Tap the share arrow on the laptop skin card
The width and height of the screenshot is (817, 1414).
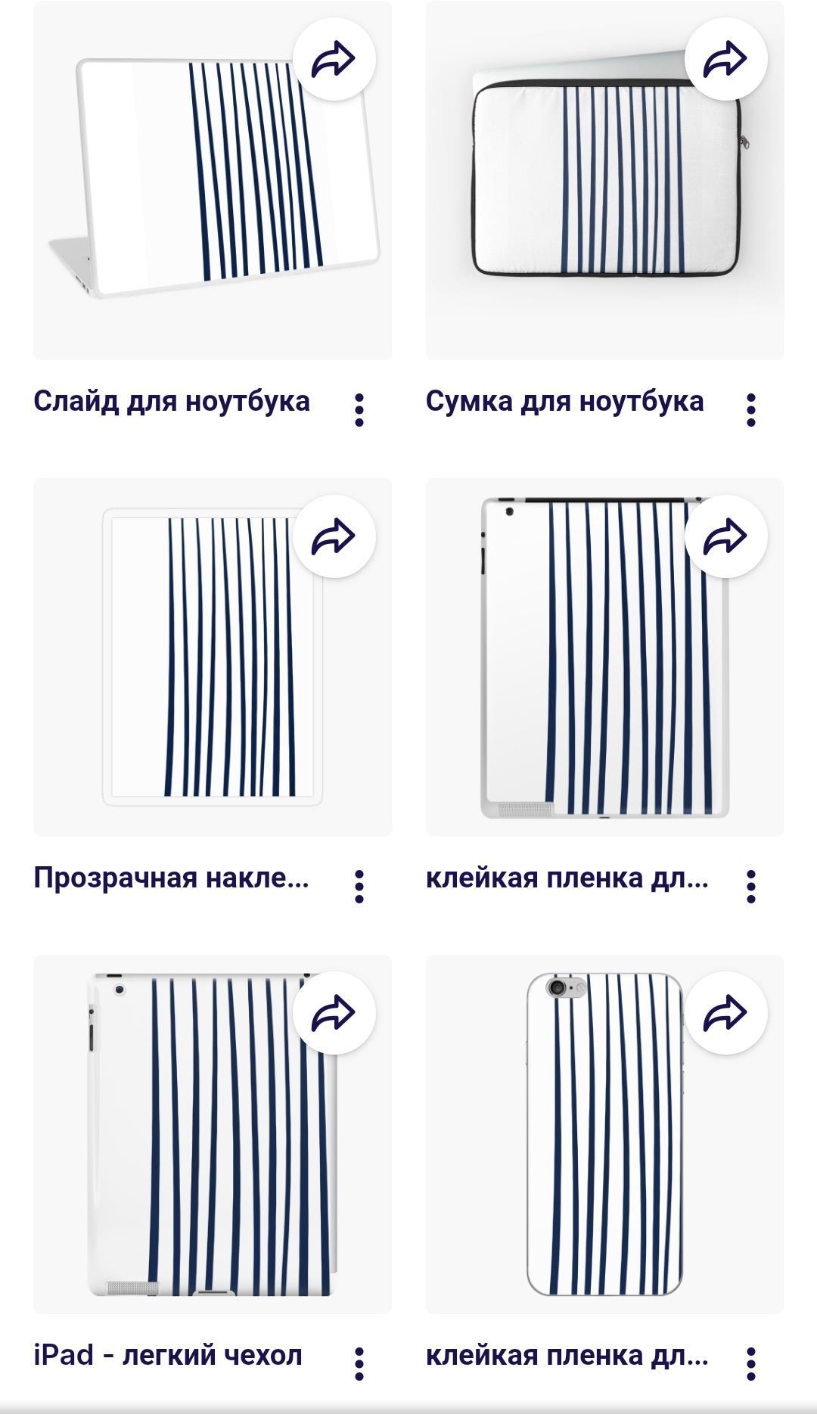pos(334,59)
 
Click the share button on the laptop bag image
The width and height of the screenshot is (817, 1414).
pos(726,59)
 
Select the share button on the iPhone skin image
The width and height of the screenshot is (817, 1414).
pos(726,1013)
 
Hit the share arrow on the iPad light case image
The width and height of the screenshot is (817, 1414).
pos(334,1013)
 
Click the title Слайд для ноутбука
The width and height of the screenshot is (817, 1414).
pos(172,402)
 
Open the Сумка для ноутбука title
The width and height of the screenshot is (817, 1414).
pos(564,402)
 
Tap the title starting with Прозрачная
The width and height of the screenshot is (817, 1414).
pos(172,878)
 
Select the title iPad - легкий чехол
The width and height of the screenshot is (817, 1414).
pos(168,1354)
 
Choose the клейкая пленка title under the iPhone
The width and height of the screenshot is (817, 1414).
pos(567,1354)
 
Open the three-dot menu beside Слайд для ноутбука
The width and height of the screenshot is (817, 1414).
pos(359,410)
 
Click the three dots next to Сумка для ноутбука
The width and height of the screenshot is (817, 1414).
pos(751,410)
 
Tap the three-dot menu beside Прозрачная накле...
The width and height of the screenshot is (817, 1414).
pos(359,887)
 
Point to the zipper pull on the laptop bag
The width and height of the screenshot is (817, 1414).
pos(745,141)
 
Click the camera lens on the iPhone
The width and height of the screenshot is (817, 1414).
pos(558,988)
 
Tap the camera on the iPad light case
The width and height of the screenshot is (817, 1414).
pos(119,990)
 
